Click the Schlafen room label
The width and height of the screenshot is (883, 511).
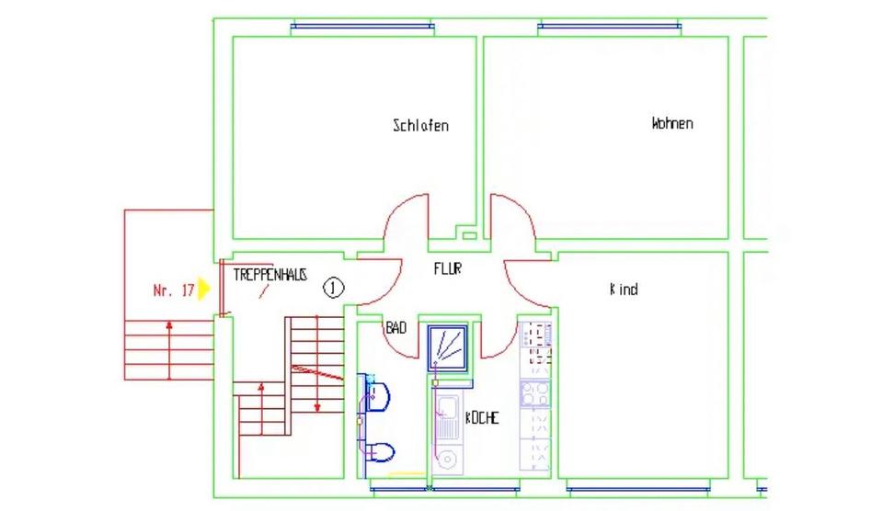pyautogui.click(x=420, y=126)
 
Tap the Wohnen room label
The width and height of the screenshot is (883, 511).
pyautogui.click(x=672, y=123)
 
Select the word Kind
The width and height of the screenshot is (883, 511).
pyautogui.click(x=624, y=290)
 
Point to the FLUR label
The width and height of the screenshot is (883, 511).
pyautogui.click(x=447, y=269)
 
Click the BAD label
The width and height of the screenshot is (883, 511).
pyautogui.click(x=396, y=327)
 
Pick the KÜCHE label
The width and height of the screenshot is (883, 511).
pyautogui.click(x=482, y=417)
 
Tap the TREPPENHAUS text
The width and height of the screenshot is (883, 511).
pyautogui.click(x=270, y=275)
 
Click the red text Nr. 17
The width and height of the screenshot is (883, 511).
pyautogui.click(x=173, y=290)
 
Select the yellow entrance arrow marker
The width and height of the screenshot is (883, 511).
pyautogui.click(x=204, y=289)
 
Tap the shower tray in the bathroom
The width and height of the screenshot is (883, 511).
pyautogui.click(x=449, y=347)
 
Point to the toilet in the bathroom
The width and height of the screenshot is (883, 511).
pyautogui.click(x=380, y=451)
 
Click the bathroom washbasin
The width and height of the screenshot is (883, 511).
pyautogui.click(x=377, y=396)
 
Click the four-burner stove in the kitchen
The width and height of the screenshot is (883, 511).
pyautogui.click(x=535, y=394)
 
